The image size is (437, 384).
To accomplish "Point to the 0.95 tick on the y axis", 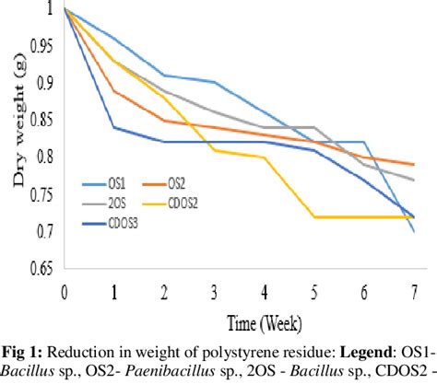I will click(x=42, y=46).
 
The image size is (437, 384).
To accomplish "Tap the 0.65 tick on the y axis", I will click(x=42, y=271).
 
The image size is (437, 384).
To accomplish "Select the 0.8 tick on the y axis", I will click(x=46, y=158).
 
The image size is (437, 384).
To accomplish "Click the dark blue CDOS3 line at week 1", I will click(x=113, y=127).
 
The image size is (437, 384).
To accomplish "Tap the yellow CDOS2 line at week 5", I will click(x=313, y=217).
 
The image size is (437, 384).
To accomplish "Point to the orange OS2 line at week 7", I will click(x=412, y=165).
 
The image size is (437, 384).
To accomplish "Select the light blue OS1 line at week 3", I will click(x=214, y=82).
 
